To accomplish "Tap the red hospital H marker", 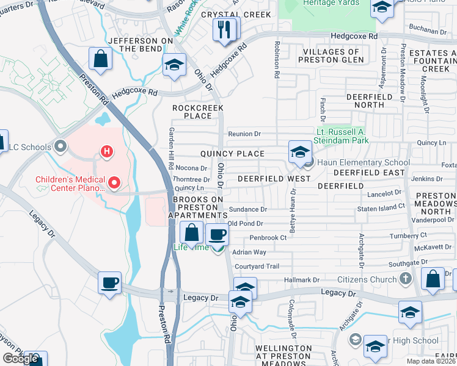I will [108, 151].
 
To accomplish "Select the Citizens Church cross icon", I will [405, 279].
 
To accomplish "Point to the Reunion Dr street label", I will [244, 134].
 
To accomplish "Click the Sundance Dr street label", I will [247, 209].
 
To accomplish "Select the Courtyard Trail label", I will [257, 267].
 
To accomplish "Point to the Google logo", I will [20, 359].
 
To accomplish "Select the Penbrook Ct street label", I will [268, 237].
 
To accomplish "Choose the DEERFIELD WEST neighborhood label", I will [274, 179].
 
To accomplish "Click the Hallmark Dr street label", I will [302, 279].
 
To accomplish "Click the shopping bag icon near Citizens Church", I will [433, 278].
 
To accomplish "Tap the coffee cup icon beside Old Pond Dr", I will [216, 234].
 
